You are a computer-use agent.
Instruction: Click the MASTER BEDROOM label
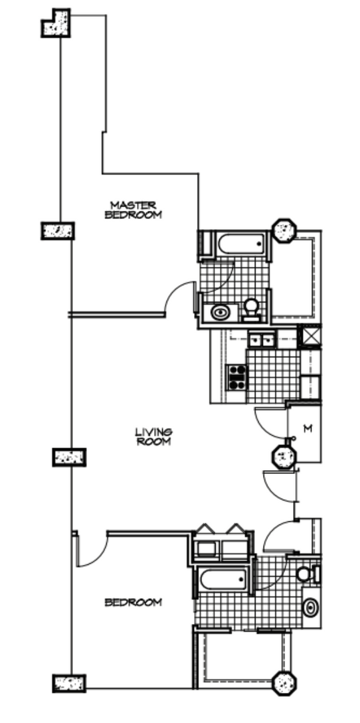pos(133,210)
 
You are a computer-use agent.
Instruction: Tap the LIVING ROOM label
pos(154,436)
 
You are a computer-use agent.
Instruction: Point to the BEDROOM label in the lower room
pos(133,602)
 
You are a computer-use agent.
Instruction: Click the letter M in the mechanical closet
pos(307,428)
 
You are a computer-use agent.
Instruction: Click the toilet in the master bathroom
pos(252,309)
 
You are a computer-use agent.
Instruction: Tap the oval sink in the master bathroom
pos(219,311)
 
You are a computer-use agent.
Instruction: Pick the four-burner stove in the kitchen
pos(236,377)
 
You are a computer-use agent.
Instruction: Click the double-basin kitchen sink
pos(262,339)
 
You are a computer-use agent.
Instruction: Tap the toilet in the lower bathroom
pos(304,574)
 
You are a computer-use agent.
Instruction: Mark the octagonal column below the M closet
pos(283,457)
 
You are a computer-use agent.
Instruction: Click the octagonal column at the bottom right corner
pos(285,683)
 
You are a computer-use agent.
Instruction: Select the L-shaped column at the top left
pos(56,23)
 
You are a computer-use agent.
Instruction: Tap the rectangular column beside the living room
pos(67,457)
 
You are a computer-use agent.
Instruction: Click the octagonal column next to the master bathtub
pos(284,231)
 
